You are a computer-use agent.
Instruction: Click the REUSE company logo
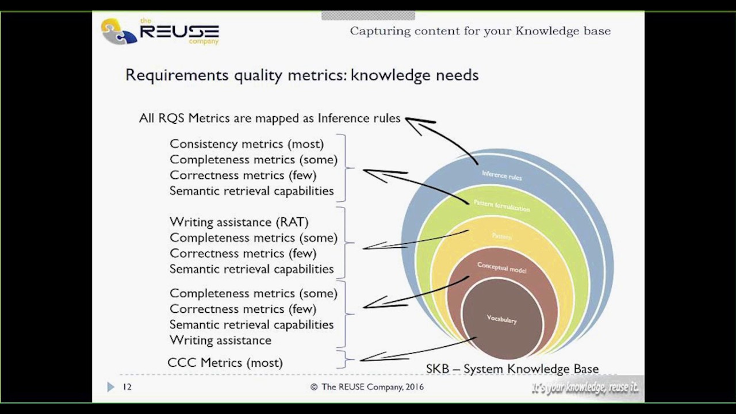[160, 31]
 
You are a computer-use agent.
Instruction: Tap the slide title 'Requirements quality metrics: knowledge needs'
[302, 75]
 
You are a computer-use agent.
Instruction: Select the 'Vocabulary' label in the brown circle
[501, 319]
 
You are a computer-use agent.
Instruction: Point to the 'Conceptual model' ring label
[501, 267]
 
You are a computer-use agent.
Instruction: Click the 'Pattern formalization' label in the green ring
[501, 205]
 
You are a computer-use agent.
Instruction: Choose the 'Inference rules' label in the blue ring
[501, 175]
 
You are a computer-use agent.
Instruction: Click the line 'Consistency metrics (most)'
[247, 144]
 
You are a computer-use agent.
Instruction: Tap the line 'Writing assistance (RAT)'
[239, 222]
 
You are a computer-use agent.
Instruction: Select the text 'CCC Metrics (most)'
[225, 363]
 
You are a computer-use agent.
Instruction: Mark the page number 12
[127, 387]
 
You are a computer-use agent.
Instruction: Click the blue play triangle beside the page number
[110, 387]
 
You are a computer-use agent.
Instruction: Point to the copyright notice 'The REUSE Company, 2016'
[367, 387]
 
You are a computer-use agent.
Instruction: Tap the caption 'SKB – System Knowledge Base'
[512, 369]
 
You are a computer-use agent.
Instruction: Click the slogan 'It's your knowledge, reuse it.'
[585, 388]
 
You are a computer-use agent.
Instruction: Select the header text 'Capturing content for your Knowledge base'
[480, 31]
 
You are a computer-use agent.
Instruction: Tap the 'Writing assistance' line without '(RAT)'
[220, 340]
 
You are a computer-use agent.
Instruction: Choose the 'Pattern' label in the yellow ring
[501, 236]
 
